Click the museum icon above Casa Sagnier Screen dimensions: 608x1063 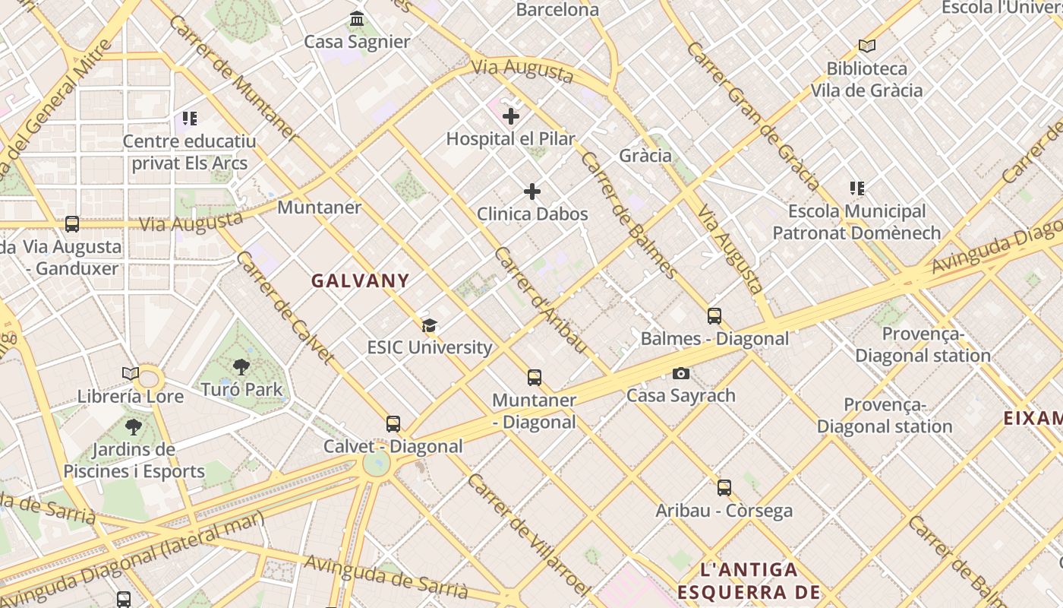tap(357, 18)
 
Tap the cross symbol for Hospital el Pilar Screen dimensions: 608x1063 tap(511, 116)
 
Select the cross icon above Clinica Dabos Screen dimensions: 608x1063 tap(532, 192)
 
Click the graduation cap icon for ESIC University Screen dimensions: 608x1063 tap(430, 326)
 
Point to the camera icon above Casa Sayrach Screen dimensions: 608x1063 tap(681, 373)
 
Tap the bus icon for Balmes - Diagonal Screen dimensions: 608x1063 tap(714, 316)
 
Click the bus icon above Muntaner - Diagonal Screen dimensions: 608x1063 tap(535, 378)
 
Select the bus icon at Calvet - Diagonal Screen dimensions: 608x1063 tap(393, 424)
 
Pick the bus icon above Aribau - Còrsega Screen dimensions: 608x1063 tap(724, 488)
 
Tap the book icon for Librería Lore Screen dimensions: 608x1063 tap(131, 374)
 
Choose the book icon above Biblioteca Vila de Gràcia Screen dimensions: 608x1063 tap(866, 46)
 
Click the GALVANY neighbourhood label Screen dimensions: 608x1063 tap(361, 280)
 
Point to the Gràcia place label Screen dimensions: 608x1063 tap(645, 156)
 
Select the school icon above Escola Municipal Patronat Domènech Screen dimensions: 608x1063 tap(857, 188)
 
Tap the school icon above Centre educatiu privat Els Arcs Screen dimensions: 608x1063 tap(189, 119)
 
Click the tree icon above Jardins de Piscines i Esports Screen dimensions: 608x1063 tap(134, 427)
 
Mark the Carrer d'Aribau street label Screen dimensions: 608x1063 tap(540, 299)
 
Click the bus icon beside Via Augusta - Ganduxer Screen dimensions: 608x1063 tap(72, 224)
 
